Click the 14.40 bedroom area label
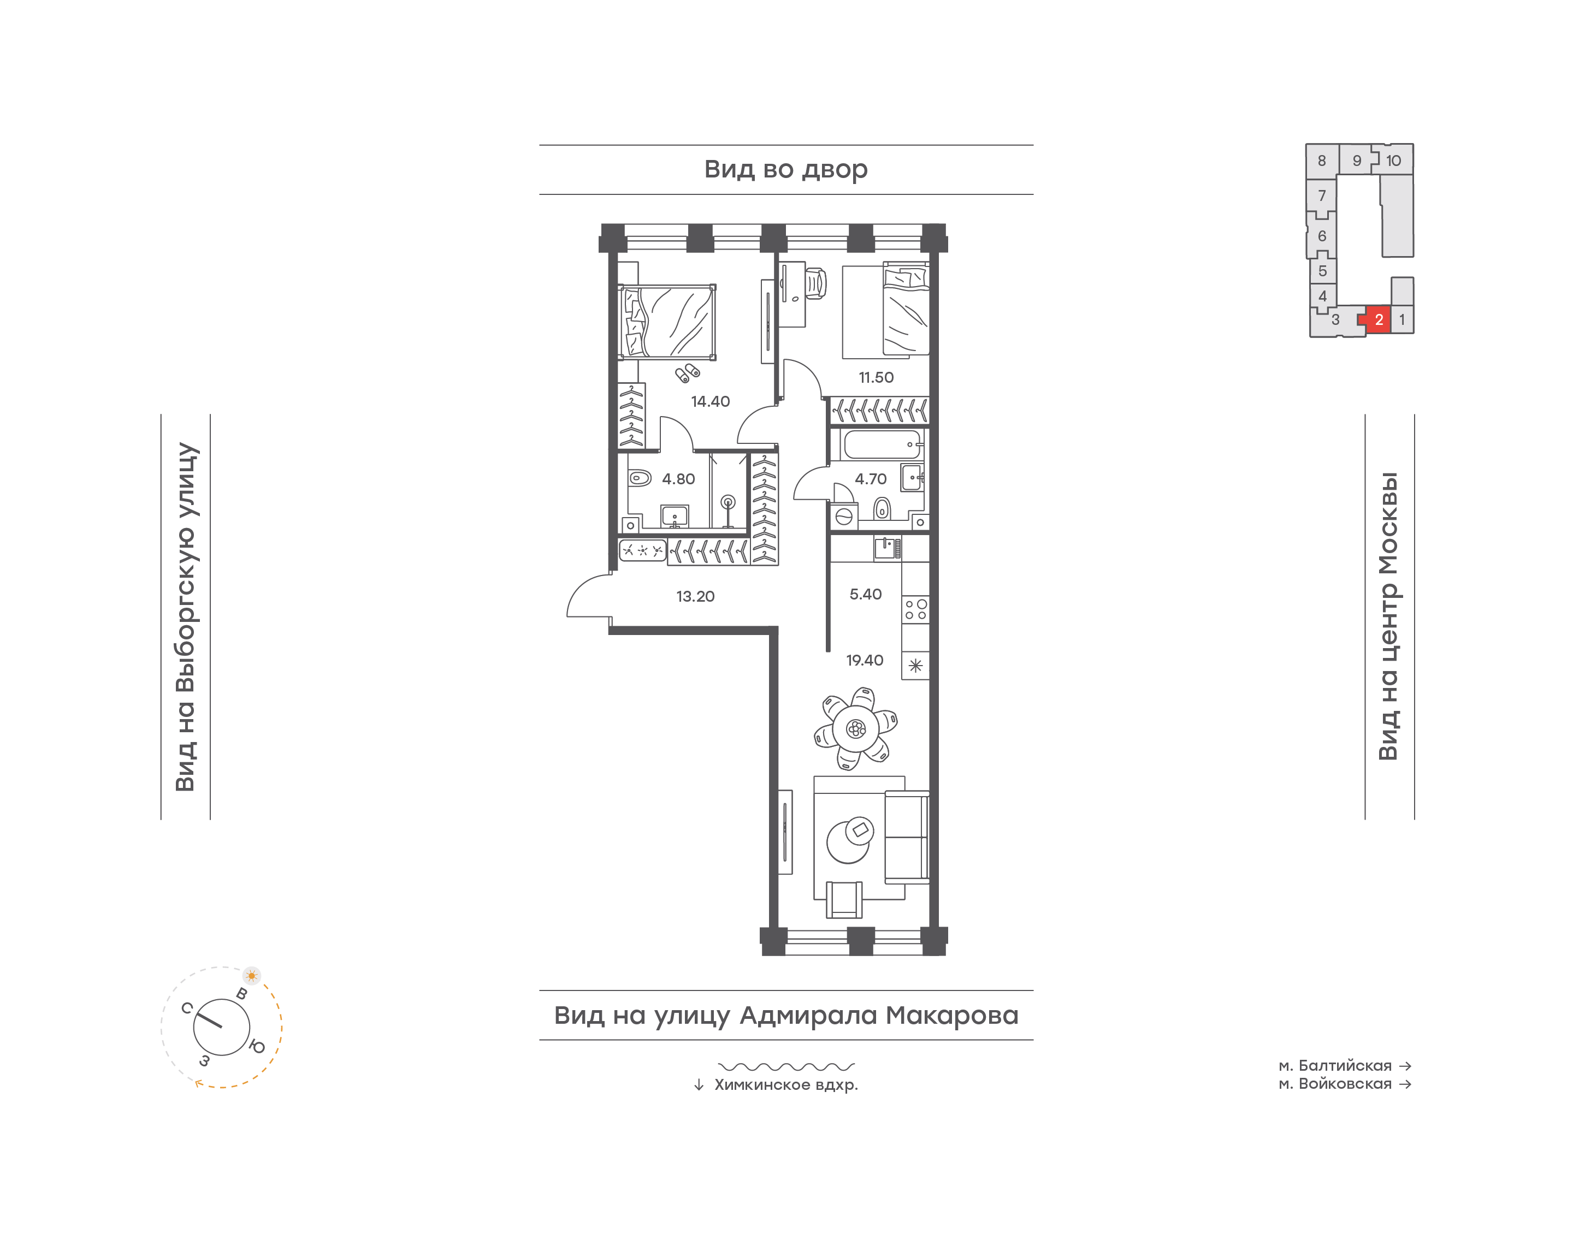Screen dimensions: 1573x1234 (709, 402)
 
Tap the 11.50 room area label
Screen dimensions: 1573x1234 (876, 377)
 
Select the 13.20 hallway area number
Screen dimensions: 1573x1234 (695, 597)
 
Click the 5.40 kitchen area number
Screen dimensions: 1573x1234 (865, 595)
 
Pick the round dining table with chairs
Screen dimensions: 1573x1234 (855, 728)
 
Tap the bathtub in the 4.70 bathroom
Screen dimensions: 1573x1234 (882, 444)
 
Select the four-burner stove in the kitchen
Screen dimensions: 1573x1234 (915, 609)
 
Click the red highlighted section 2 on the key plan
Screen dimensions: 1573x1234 (1376, 319)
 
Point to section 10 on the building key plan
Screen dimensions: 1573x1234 (1393, 161)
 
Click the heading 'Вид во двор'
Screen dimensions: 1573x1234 (785, 170)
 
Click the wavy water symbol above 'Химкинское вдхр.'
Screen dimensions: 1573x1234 (786, 1066)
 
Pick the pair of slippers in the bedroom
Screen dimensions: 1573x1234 (687, 373)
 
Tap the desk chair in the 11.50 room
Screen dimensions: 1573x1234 (816, 283)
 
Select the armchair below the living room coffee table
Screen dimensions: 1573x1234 (844, 899)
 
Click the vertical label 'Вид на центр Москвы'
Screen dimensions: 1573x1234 (1388, 616)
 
